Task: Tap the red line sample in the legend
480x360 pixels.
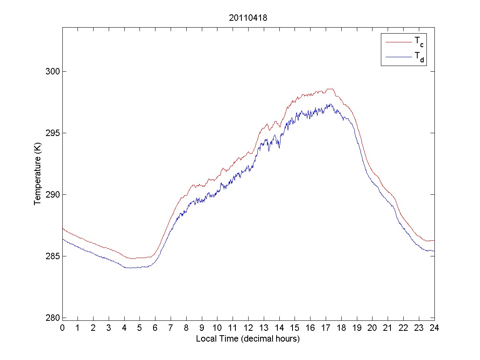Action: click(398, 42)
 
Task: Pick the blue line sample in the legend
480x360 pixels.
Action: click(398, 58)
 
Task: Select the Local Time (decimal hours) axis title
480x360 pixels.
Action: click(248, 339)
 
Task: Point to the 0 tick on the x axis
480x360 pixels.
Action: click(62, 328)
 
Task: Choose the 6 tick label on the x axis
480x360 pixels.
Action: click(155, 328)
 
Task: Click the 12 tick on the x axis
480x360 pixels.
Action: click(248, 328)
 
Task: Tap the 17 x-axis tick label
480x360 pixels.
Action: click(326, 328)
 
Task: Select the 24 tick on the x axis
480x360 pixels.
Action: click(434, 328)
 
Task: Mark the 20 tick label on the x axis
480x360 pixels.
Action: click(372, 328)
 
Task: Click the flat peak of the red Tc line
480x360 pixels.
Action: click(330, 89)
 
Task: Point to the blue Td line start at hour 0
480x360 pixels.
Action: click(63, 239)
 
